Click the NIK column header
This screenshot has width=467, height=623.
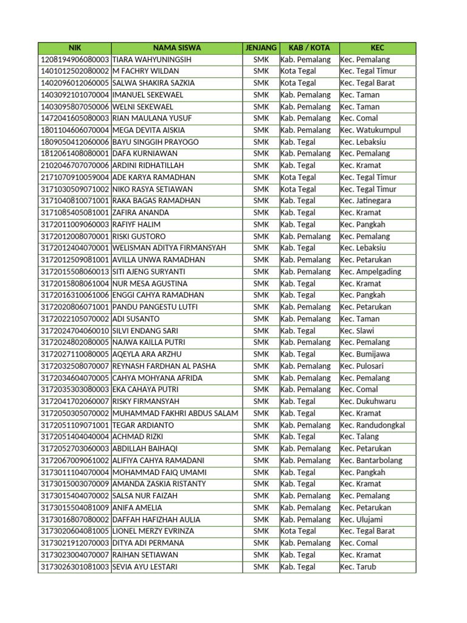74,47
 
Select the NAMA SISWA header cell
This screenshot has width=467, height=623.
176,47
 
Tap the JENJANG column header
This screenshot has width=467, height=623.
260,47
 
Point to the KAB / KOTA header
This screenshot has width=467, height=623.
309,47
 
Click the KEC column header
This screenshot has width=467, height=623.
377,47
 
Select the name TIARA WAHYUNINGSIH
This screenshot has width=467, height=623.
152,60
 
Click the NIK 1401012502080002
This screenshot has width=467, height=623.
75,71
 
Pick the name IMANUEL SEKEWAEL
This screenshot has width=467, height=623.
148,95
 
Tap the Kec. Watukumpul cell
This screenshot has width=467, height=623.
370,130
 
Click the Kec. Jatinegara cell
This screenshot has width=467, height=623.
365,201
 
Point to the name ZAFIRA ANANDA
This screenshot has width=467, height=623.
141,213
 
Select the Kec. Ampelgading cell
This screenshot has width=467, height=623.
370,271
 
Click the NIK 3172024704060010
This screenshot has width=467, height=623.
75,331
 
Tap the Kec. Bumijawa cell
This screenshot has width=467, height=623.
365,354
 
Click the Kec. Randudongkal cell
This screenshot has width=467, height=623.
372,425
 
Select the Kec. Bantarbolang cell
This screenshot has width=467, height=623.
371,461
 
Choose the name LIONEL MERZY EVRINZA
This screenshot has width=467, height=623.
153,531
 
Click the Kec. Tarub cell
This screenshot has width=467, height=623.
358,566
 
